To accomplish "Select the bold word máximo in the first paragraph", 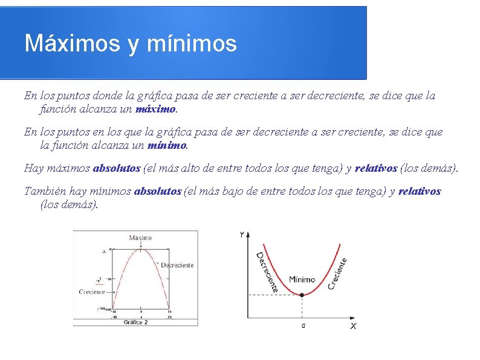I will point(156,110).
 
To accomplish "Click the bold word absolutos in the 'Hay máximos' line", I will point(116,168).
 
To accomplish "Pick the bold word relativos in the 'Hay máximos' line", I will point(376,168).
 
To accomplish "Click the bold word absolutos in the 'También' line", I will point(157,191).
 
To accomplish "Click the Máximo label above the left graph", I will point(140,238).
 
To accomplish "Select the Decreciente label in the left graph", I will point(177,265).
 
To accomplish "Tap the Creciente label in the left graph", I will point(92,292).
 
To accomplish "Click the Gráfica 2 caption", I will point(135,322).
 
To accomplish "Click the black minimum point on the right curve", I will point(302,295).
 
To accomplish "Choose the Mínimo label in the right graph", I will point(302,280).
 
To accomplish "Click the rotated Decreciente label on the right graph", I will point(267,272).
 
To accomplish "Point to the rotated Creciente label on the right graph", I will point(337,273).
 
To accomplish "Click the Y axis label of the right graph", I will point(242,234).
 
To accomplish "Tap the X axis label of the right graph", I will point(353,326).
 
